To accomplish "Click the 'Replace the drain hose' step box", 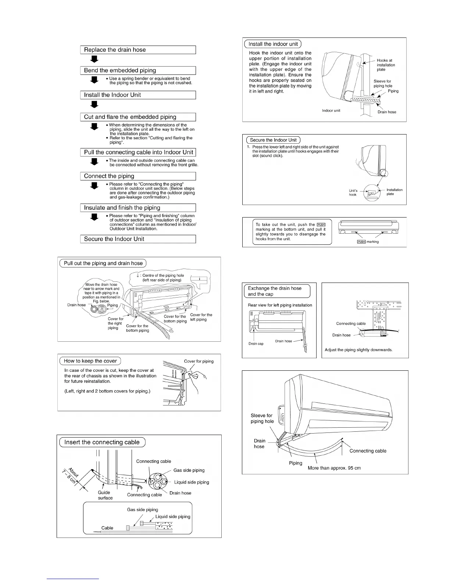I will pyautogui.click(x=138, y=50).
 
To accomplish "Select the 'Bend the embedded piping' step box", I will pyautogui.click(x=138, y=71).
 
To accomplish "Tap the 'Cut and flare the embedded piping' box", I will pyautogui.click(x=138, y=117).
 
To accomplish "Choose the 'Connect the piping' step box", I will pyautogui.click(x=138, y=176).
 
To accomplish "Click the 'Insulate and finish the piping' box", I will pyautogui.click(x=138, y=208).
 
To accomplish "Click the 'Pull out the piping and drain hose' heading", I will pyautogui.click(x=103, y=263).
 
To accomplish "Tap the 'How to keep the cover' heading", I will pyautogui.click(x=90, y=361).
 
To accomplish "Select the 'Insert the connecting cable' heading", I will pyautogui.click(x=102, y=442).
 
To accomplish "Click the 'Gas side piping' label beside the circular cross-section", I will pyautogui.click(x=189, y=470).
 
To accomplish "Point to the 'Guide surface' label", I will pyautogui.click(x=105, y=495).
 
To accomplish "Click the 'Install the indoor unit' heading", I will pyautogui.click(x=273, y=44).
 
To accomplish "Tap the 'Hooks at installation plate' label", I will pyautogui.click(x=386, y=65).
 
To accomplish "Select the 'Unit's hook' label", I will pyautogui.click(x=353, y=193).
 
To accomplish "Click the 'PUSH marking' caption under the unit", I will pyautogui.click(x=368, y=242).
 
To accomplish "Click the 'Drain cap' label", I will pyautogui.click(x=256, y=344).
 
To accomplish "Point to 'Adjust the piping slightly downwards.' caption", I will pyautogui.click(x=358, y=350).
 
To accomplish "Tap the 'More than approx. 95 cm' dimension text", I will pyautogui.click(x=334, y=468).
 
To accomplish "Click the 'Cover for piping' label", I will pyautogui.click(x=199, y=361).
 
